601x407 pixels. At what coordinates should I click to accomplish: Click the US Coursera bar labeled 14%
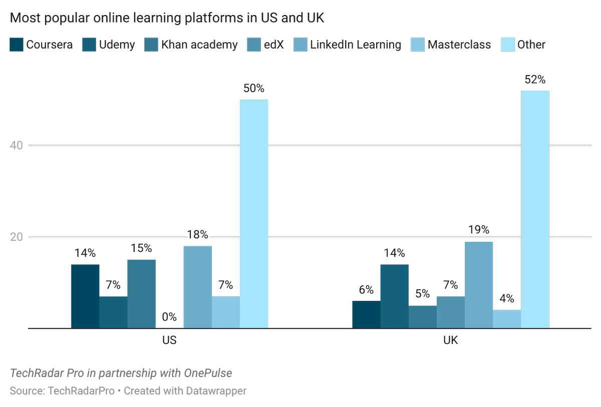coord(85,296)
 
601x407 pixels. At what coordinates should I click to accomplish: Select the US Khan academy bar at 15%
coord(141,294)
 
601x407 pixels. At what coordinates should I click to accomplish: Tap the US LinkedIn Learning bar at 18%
coord(197,287)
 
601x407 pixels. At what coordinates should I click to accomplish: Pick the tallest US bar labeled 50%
coord(253,214)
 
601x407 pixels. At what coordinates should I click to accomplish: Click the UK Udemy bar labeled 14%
coord(394,296)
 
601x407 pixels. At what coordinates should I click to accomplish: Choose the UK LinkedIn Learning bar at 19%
coord(478,285)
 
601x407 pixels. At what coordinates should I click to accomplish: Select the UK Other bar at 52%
coord(535,209)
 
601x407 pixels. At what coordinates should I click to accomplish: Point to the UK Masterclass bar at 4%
coord(506,319)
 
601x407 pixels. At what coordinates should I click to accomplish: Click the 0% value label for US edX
coord(169,316)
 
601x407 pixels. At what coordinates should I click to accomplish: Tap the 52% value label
coord(535,80)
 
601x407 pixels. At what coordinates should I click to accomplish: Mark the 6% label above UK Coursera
coord(366,290)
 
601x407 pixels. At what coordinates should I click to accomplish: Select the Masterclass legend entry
coord(451,45)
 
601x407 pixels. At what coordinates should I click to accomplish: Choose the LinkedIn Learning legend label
coord(355,45)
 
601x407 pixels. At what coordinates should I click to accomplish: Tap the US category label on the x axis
coord(169,341)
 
